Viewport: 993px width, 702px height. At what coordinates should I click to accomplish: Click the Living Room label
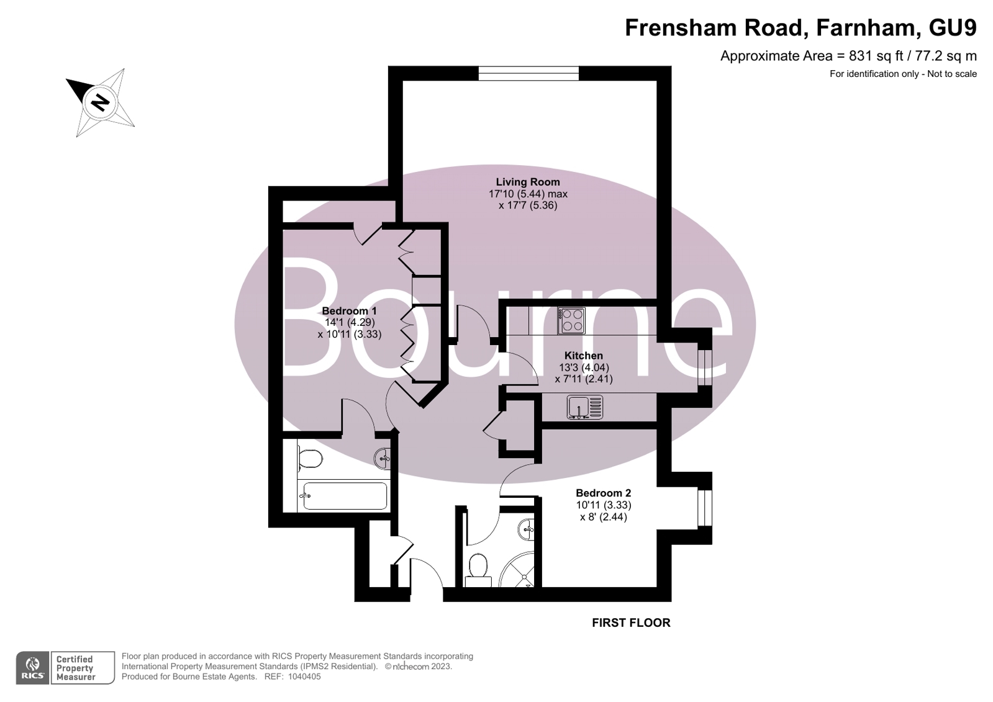527,182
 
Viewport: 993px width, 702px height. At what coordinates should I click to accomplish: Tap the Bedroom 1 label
350,311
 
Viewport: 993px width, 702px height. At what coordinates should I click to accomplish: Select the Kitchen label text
583,356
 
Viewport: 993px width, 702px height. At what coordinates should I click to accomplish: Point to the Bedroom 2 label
604,493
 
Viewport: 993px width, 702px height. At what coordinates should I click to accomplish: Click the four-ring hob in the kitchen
572,321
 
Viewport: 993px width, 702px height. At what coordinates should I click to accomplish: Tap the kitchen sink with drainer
585,407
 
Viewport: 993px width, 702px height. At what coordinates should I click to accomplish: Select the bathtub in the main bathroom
345,496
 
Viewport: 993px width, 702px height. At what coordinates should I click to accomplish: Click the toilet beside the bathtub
311,459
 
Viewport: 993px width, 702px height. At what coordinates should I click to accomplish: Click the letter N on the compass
101,103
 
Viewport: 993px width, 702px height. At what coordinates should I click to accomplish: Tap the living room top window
528,73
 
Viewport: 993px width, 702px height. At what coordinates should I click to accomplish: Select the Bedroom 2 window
705,508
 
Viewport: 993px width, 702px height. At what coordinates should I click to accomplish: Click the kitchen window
705,368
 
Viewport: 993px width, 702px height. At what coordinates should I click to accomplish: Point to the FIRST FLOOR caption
631,623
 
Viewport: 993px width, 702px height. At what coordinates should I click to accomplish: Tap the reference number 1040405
304,677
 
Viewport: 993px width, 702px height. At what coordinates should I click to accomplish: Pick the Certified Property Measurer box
83,668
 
